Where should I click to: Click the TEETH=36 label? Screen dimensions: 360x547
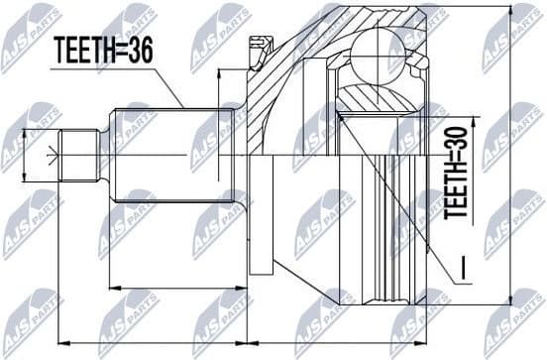(102, 52)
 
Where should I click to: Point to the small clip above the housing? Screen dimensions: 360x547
(262, 44)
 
